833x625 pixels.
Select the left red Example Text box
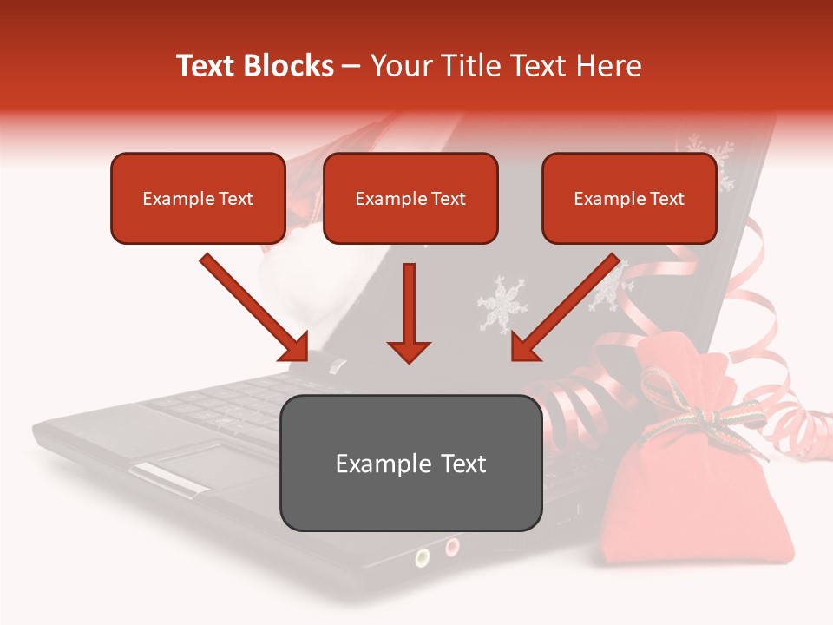point(198,198)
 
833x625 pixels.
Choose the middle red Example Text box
point(410,198)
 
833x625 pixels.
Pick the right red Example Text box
point(629,198)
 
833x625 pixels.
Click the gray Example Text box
point(410,463)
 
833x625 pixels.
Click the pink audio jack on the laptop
point(452,546)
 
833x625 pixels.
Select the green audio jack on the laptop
point(423,556)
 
